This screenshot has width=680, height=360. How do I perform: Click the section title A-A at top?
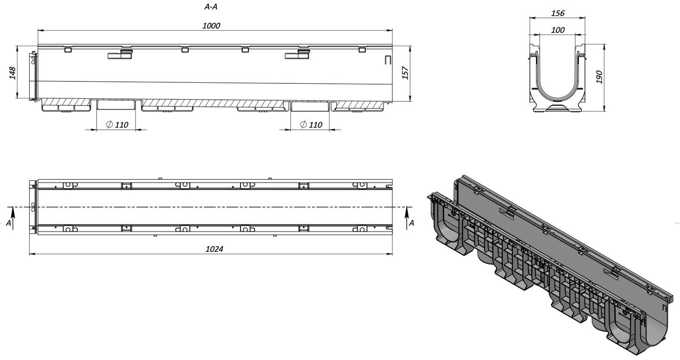[x=211, y=7]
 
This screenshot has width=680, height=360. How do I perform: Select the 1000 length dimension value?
[x=211, y=26]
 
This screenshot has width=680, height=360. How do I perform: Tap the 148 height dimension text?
[x=12, y=73]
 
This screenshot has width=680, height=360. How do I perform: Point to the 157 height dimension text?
[x=405, y=73]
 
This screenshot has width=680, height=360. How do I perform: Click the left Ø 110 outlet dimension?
[x=117, y=124]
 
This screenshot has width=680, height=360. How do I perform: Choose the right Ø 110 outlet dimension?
[x=311, y=124]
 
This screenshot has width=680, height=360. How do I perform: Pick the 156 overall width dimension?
[x=558, y=13]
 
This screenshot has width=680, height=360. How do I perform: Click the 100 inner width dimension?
[x=558, y=30]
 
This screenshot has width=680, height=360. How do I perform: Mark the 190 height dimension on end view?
[x=599, y=77]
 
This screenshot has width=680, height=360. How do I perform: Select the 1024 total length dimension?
[x=214, y=249]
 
